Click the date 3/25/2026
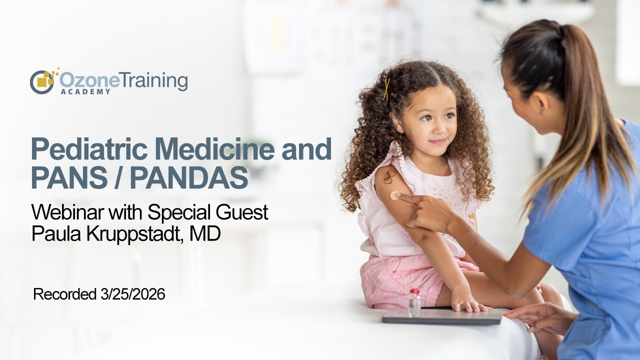(131, 294)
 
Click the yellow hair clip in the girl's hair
(386, 89)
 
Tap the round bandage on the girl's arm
(395, 195)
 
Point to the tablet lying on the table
(442, 316)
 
